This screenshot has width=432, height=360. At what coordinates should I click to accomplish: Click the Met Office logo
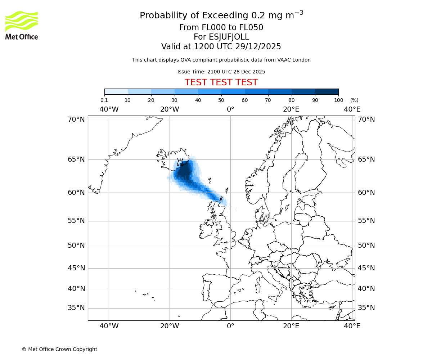[x=22, y=25]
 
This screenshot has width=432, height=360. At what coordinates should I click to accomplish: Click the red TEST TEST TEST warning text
[x=221, y=82]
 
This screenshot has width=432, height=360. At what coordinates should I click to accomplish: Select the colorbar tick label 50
[x=221, y=100]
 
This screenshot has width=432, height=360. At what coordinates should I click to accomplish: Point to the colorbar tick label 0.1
[x=104, y=100]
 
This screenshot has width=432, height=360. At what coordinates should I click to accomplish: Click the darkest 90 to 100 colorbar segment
[x=327, y=91]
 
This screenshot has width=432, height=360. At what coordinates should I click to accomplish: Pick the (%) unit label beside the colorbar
[x=354, y=100]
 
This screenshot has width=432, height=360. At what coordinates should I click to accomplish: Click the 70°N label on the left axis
[x=76, y=119]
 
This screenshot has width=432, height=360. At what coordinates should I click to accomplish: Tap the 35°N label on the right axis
[x=366, y=308]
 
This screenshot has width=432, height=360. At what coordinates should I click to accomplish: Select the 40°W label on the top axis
[x=109, y=109]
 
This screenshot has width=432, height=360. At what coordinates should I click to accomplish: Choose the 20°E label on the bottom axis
[x=291, y=326]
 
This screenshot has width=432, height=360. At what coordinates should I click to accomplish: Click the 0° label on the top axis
[x=230, y=109]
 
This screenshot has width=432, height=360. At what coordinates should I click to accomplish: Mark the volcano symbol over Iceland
[x=180, y=162]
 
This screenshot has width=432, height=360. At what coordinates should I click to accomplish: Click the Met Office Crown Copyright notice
[x=59, y=349]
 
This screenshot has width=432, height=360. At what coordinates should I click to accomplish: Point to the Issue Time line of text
[x=221, y=72]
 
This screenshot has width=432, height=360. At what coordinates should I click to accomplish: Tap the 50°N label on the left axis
[x=76, y=246]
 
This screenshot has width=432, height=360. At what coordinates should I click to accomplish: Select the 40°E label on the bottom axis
[x=352, y=326]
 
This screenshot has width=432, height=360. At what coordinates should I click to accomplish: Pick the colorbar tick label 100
[x=338, y=100]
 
